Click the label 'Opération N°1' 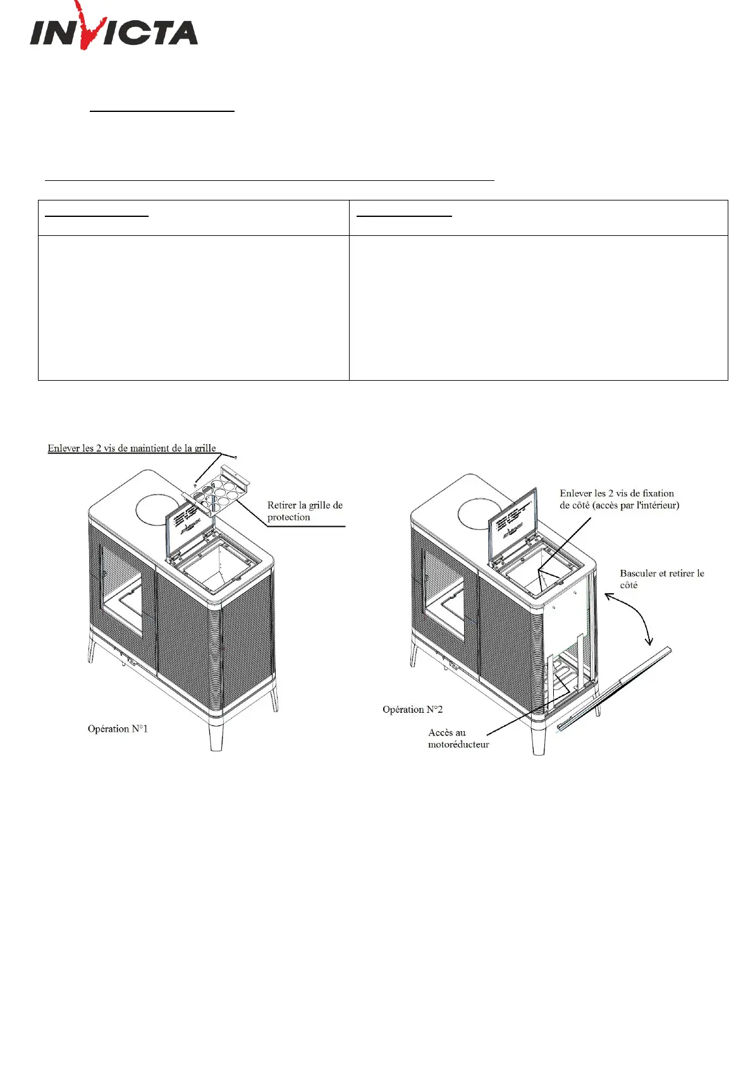coord(118,729)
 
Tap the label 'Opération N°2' coord(412,710)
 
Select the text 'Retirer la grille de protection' coord(304,511)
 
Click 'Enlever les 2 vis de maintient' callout coord(132,448)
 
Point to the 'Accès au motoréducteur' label coord(458,739)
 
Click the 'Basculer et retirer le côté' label coord(661,579)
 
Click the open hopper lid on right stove coord(511,519)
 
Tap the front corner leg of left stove coord(216,733)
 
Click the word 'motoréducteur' coord(458,745)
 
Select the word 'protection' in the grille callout coord(288,517)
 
